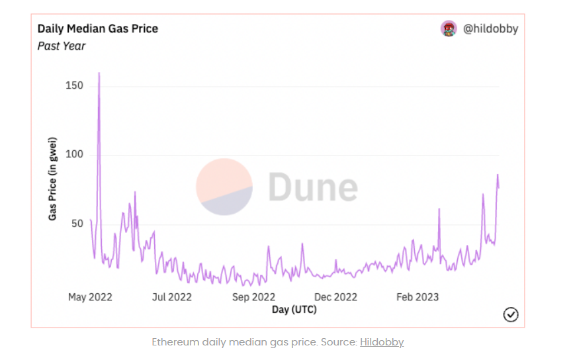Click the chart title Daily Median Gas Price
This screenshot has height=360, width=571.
[x=97, y=28]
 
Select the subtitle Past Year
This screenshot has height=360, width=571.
[x=62, y=46]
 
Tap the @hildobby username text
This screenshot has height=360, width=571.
[x=490, y=28]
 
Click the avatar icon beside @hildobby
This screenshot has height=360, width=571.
[x=449, y=28]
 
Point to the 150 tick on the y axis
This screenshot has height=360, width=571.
[x=74, y=86]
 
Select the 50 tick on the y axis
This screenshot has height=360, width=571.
[x=77, y=224]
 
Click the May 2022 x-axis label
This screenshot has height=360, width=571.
[x=90, y=297]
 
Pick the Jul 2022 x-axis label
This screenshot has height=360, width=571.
[x=171, y=297]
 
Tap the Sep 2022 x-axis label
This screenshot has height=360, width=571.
[x=253, y=297]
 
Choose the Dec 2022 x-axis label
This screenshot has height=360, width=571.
[x=335, y=297]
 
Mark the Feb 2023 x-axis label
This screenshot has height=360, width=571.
[x=417, y=297]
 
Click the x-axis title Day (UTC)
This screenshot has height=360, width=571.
[x=294, y=310]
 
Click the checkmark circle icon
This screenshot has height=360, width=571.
[x=510, y=314]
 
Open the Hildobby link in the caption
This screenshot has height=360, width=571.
[x=382, y=342]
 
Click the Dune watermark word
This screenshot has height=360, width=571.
[x=313, y=187]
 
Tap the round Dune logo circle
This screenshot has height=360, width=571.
[x=224, y=187]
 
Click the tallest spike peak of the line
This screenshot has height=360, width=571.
[x=99, y=74]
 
